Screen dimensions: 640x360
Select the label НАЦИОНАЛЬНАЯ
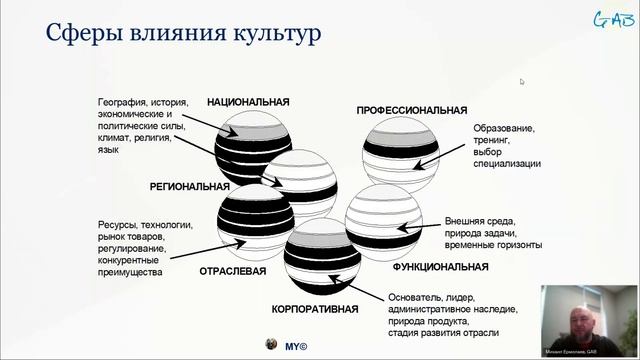tap(248, 102)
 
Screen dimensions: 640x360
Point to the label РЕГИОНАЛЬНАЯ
tap(189, 186)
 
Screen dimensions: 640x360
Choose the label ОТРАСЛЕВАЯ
tap(232, 270)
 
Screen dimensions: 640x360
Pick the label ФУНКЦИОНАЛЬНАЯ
tap(440, 267)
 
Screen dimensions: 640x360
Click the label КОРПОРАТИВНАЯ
tap(314, 310)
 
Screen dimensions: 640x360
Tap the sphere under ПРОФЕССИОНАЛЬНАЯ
tap(400, 152)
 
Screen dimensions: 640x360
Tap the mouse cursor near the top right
tap(521, 82)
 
